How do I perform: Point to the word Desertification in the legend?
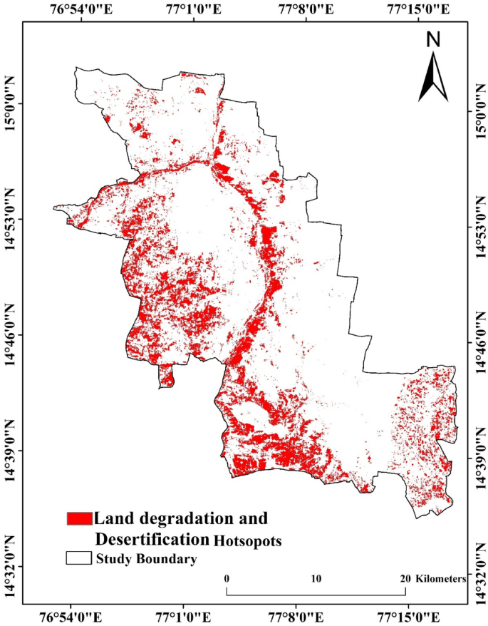(152, 538)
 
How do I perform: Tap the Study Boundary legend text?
(146, 559)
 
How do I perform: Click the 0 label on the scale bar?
(227, 578)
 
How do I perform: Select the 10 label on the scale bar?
(316, 578)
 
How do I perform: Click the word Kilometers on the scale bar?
(441, 578)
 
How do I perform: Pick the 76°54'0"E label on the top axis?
(81, 9)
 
